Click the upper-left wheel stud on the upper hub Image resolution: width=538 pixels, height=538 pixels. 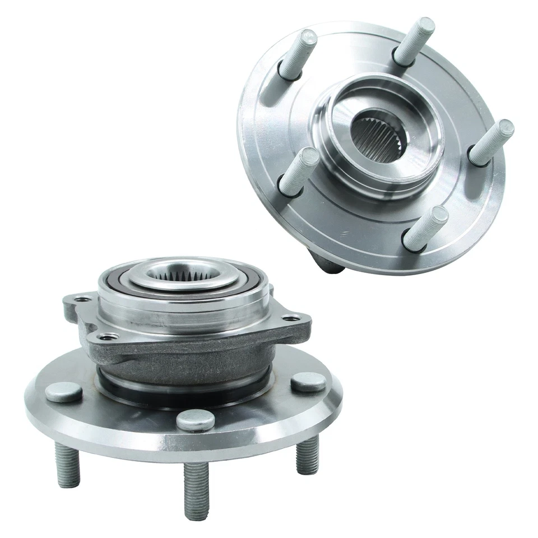pos(298,53)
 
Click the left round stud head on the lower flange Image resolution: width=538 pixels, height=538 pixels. pos(64,392)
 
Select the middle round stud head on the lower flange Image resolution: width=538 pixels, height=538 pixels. pos(196,420)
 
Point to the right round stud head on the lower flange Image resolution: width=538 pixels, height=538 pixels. pos(308,382)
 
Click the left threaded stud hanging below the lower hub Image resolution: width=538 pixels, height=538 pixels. pos(67,465)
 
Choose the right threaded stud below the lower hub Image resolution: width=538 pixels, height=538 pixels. pos(307,453)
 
